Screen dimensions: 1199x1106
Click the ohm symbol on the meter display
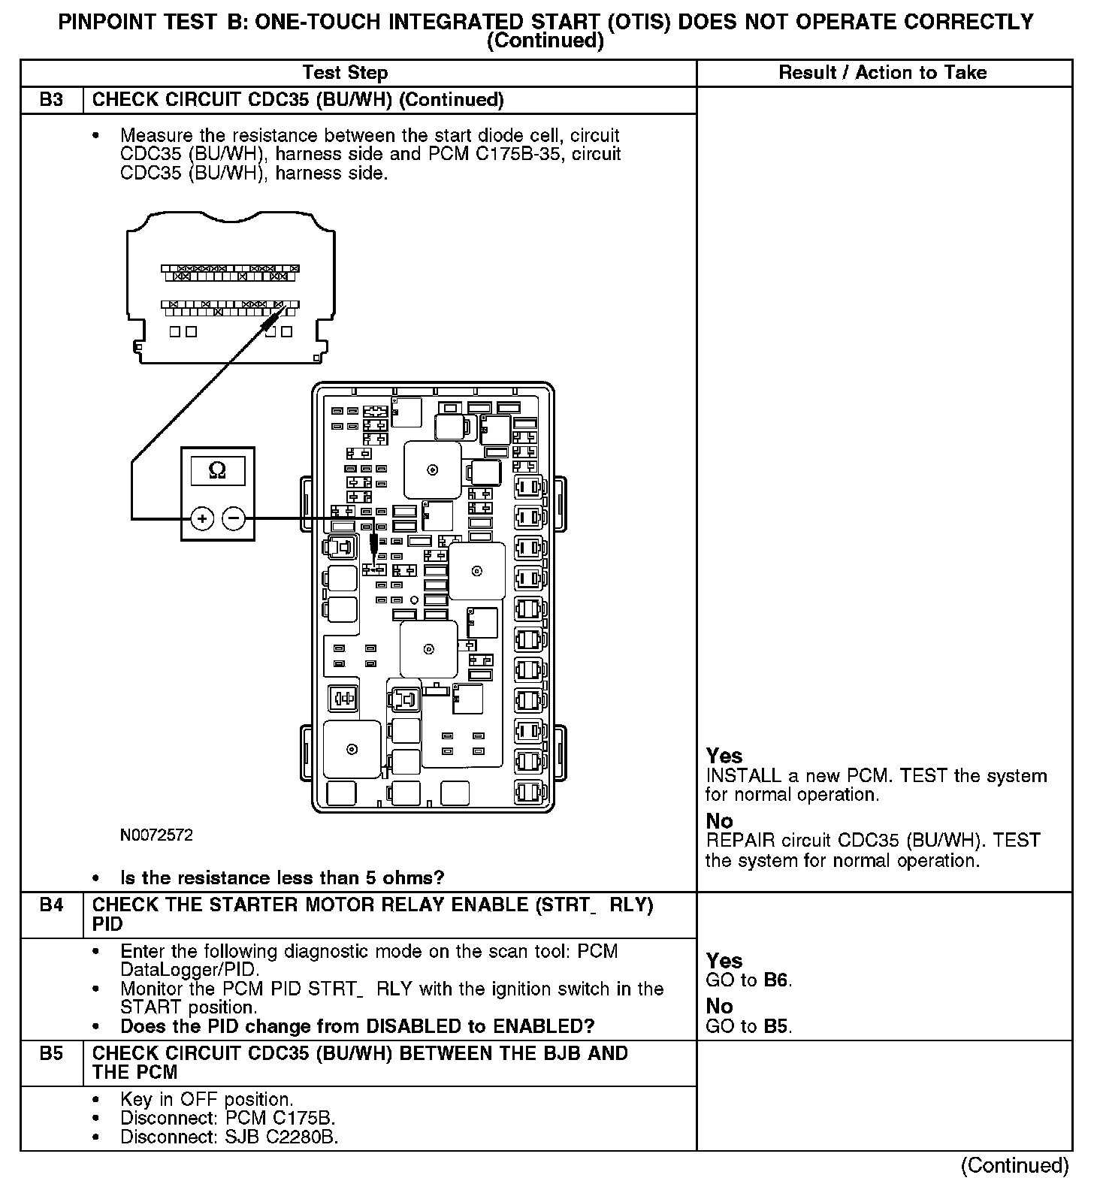point(217,470)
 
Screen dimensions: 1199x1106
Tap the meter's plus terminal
point(202,518)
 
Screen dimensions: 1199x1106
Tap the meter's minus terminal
point(234,518)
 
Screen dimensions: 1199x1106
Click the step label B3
point(51,100)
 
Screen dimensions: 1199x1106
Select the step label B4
point(51,905)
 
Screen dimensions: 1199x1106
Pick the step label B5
point(51,1053)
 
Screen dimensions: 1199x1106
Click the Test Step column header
point(345,73)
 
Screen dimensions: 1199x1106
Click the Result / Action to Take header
point(883,73)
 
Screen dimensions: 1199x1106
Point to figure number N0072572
point(156,835)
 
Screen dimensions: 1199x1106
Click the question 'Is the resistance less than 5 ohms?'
point(282,878)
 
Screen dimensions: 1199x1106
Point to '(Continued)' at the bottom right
point(1014,1165)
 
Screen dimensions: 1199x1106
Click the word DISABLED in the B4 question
point(409,1027)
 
